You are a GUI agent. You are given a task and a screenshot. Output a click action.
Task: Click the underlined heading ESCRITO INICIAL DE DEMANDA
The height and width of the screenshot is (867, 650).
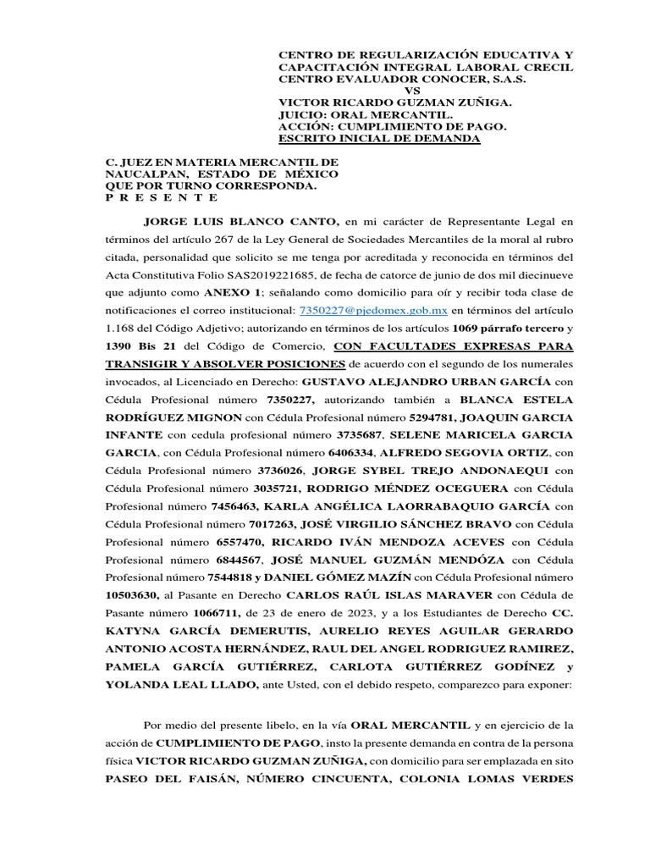click(x=379, y=139)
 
